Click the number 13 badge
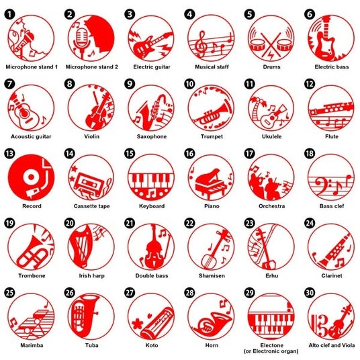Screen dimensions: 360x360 (x=9, y=154)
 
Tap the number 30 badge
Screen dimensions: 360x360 (x=310, y=293)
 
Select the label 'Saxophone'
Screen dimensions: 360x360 (x=152, y=136)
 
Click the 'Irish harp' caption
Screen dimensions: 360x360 (x=91, y=275)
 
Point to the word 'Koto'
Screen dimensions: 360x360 (x=152, y=345)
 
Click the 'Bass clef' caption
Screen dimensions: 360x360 (x=332, y=206)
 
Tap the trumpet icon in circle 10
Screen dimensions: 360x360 (x=212, y=114)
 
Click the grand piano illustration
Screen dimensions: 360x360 (x=211, y=183)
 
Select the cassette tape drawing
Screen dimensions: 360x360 (x=89, y=183)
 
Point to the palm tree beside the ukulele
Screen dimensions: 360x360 (x=257, y=107)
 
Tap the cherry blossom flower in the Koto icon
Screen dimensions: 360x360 (x=138, y=324)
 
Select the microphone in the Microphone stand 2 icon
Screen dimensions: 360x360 (x=81, y=41)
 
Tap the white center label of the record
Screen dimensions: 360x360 (x=31, y=177)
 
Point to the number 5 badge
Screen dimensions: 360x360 (x=250, y=15)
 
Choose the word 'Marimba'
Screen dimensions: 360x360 (x=32, y=345)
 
